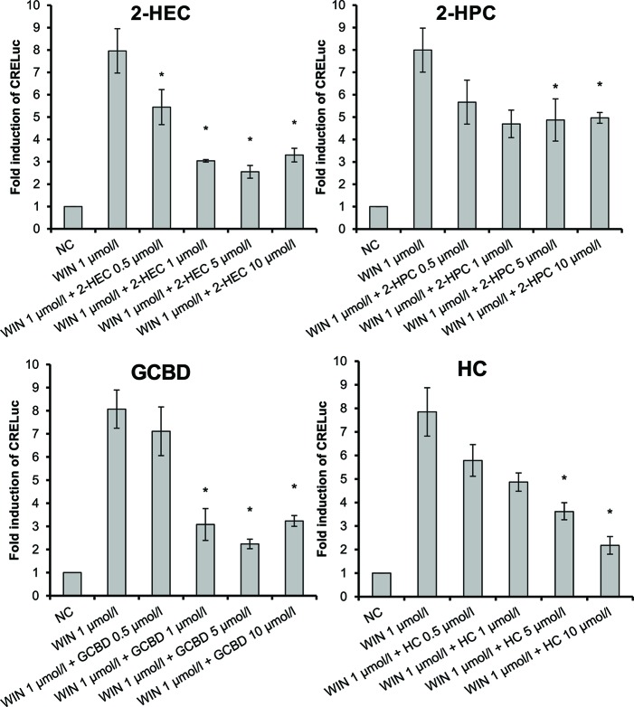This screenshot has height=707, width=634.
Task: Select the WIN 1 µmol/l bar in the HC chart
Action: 425,506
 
